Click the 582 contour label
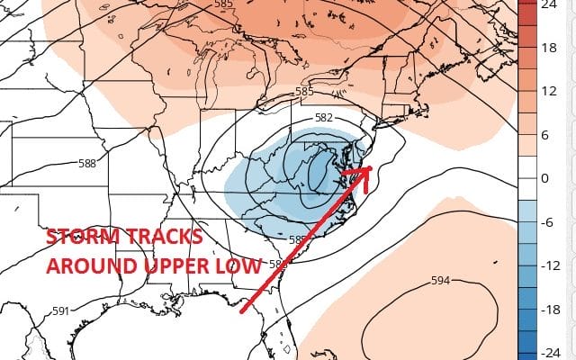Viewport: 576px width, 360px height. [325, 118]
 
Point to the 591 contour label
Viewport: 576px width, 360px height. [60, 312]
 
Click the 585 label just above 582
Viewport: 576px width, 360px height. [304, 92]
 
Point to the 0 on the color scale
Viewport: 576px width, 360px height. [546, 179]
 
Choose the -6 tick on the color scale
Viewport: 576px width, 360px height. [548, 221]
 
